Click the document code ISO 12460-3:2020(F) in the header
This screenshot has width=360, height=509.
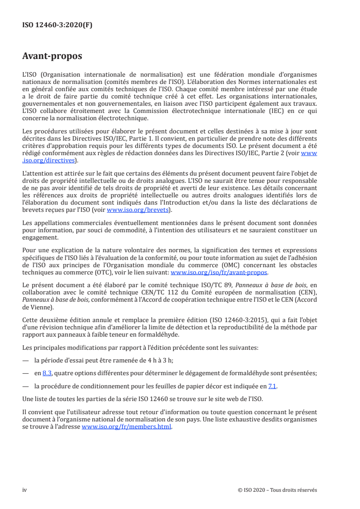pos(57,25)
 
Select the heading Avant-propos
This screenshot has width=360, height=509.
pos(52,56)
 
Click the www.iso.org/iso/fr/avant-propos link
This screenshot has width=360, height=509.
pos(219,273)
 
